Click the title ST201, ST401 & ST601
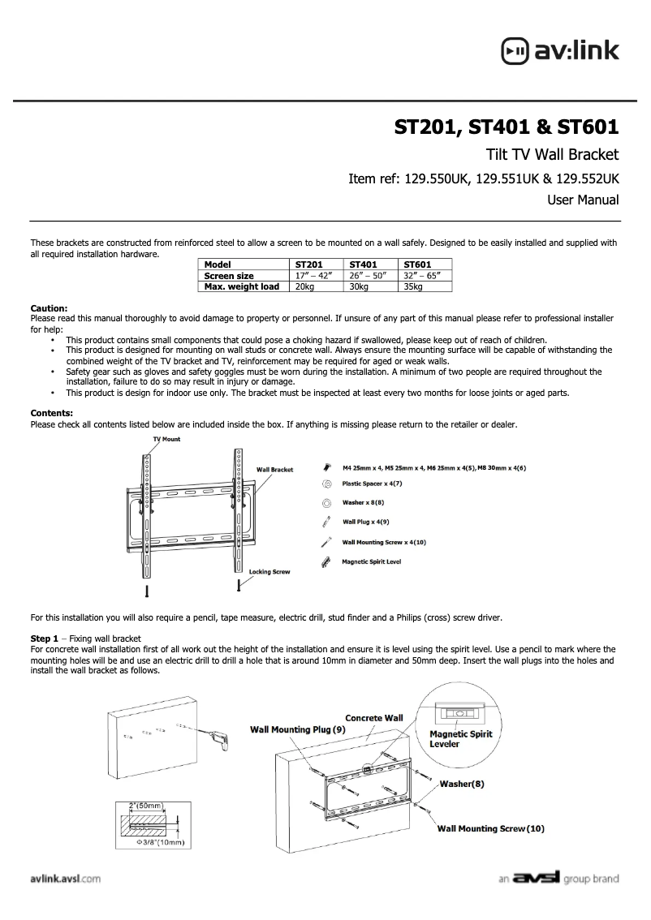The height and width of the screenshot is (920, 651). pos(507,127)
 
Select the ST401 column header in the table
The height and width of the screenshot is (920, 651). pos(364,264)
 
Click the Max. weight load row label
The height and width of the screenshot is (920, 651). pos(242,286)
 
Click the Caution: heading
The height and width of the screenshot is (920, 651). pos(49,308)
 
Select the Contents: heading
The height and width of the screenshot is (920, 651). pos(51,413)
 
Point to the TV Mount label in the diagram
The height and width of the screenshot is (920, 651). pos(167,439)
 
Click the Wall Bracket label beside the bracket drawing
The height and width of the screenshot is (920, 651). pos(274,470)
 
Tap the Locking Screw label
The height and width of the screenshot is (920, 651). pos(269,572)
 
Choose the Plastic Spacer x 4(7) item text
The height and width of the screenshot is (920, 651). pos(372,484)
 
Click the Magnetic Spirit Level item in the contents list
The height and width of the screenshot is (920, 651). pos(371,561)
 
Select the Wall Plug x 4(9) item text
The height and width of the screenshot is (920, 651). pos(365,522)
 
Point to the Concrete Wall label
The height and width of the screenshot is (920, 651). pos(374,718)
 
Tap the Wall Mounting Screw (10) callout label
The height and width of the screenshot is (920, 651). pos(491,828)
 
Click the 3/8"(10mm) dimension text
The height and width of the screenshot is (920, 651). pos(162,843)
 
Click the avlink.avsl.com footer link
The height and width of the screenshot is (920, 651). pos(65,879)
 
